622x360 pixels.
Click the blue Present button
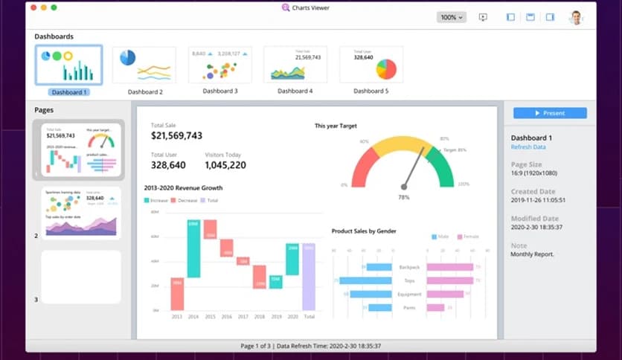click(x=550, y=113)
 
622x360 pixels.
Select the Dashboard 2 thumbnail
click(x=144, y=65)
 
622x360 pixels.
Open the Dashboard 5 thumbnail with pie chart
click(x=371, y=65)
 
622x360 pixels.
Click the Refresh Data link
click(x=528, y=147)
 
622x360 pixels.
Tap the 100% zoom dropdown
click(x=451, y=17)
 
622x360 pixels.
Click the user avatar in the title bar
click(x=575, y=17)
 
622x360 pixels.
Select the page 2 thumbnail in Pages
click(x=81, y=213)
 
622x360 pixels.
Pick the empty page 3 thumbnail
click(x=81, y=277)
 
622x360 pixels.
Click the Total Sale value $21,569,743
click(x=176, y=135)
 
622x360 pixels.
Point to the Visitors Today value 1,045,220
click(x=225, y=165)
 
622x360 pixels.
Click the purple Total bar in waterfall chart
click(x=309, y=277)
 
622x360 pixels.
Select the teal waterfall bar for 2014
click(x=193, y=249)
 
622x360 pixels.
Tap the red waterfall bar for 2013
click(x=177, y=294)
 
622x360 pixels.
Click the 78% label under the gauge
click(x=404, y=197)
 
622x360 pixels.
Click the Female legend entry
click(x=469, y=237)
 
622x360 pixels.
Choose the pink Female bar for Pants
click(x=435, y=307)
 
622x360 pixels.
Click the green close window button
click(x=54, y=7)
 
